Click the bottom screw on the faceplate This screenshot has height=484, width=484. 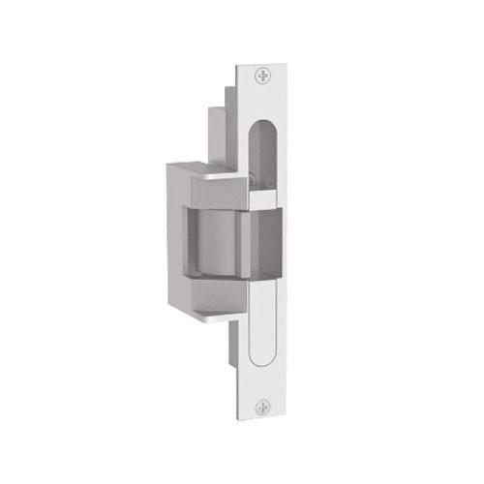point(262,409)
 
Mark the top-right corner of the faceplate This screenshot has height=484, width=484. point(287,65)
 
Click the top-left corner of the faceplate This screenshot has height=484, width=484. point(238,65)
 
